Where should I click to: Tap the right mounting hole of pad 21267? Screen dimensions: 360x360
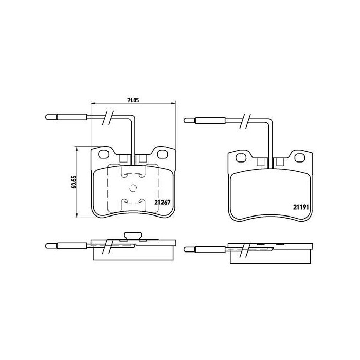[163, 154]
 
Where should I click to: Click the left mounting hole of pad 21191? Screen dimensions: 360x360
[240, 156]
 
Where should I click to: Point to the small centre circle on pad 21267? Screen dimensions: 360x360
[133, 189]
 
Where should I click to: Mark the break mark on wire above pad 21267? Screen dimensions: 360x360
[107, 117]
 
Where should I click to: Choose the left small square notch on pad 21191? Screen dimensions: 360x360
[260, 162]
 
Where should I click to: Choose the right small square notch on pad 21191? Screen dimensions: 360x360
[279, 162]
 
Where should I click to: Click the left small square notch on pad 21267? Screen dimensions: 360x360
[123, 159]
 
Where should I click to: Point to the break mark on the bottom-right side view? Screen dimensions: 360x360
[245, 250]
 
